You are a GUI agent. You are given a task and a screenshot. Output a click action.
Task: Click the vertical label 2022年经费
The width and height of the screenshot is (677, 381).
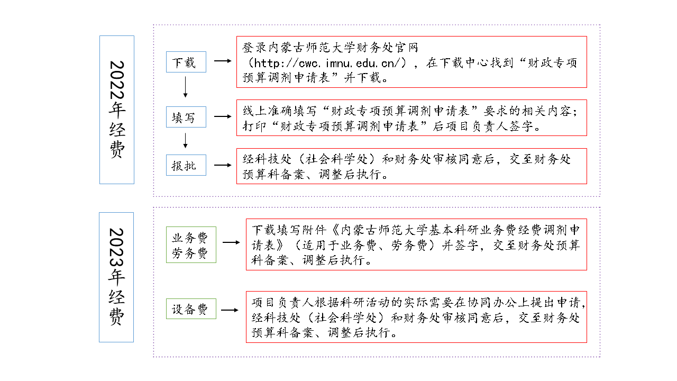[117, 110]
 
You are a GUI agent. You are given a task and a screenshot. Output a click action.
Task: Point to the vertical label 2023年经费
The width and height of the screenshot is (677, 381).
[116, 277]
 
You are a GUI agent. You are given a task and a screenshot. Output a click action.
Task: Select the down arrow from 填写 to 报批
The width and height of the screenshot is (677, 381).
[186, 141]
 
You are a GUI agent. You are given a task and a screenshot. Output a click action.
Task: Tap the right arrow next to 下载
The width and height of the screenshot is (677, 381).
[223, 61]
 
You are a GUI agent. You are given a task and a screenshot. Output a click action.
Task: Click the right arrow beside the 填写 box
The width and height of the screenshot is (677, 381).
[223, 116]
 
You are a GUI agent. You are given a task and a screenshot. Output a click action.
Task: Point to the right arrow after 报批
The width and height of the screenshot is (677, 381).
[223, 165]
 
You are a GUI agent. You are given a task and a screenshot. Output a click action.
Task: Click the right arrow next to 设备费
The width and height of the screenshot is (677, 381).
[230, 310]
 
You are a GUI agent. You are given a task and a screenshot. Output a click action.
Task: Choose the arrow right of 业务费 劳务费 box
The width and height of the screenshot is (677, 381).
[231, 242]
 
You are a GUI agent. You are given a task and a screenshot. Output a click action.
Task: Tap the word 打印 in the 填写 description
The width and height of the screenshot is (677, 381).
[254, 126]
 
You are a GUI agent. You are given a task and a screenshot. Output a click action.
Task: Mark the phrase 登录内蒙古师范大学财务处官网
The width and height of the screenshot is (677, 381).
[330, 48]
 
